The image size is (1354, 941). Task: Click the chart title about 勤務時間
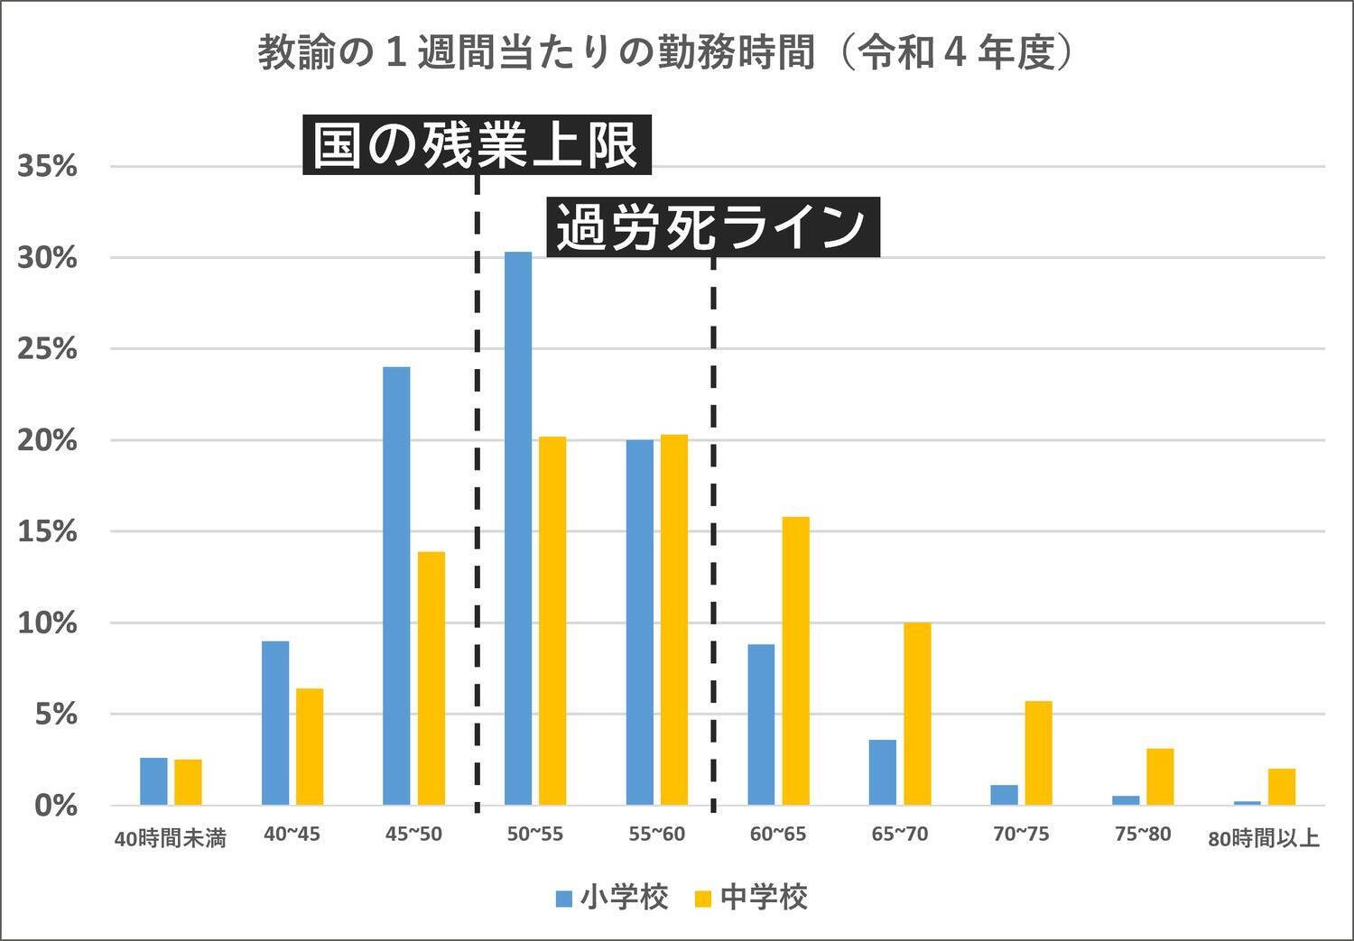point(665,53)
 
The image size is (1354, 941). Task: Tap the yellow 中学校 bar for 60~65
point(795,660)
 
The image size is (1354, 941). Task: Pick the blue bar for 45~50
point(396,586)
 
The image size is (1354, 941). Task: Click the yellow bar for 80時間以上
point(1281,787)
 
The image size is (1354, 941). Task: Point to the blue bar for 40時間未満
point(153,781)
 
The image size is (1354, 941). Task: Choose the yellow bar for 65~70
point(917,714)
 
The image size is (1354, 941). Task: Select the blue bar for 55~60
point(639,623)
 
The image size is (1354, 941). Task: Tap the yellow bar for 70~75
point(1038,752)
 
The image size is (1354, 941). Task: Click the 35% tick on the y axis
point(48,167)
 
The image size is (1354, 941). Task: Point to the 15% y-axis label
point(48,531)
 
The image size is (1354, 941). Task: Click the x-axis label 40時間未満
point(170,839)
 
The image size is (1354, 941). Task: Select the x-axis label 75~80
point(1143,835)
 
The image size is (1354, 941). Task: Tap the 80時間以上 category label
point(1263,839)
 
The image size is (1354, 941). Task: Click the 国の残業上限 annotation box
point(476,145)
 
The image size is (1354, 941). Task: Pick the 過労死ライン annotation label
point(712,226)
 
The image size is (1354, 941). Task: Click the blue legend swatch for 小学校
point(564,899)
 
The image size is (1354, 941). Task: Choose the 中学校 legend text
point(764,898)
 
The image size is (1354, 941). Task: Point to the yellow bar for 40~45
point(310,747)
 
